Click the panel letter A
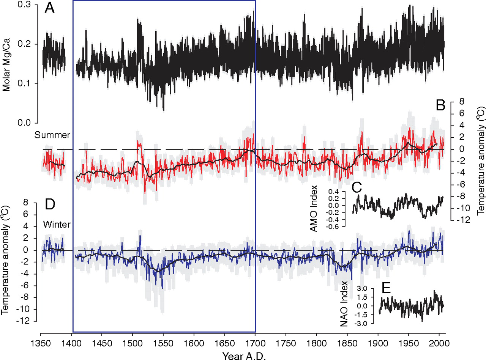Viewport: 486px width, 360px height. [x=50, y=8]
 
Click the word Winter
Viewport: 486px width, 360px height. [x=56, y=224]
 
